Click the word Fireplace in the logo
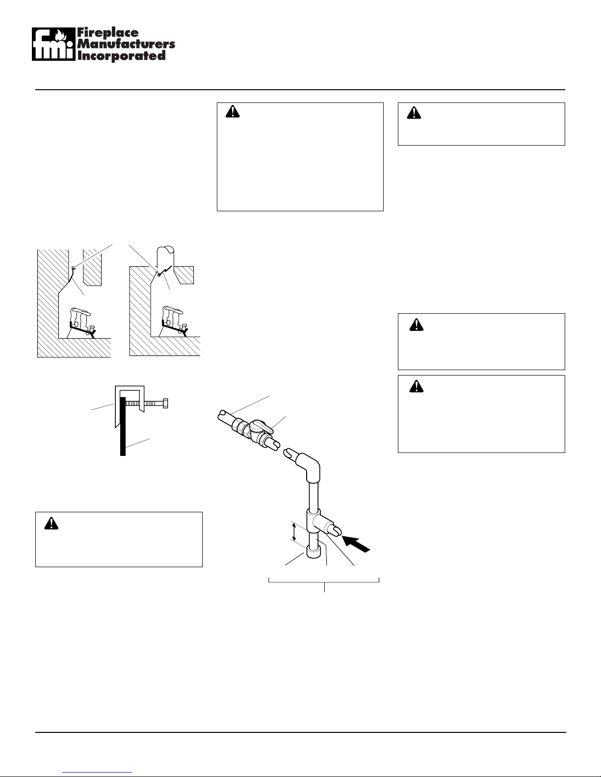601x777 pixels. [107, 33]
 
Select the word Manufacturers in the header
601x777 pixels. [126, 44]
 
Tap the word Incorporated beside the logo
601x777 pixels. [121, 56]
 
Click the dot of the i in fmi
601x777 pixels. [68, 43]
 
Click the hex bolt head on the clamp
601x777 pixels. [165, 403]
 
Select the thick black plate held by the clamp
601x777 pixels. [123, 426]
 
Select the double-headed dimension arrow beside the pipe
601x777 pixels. [294, 532]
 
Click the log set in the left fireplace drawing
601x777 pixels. [82, 322]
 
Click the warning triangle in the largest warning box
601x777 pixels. [233, 112]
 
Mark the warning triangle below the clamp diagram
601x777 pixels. [51, 524]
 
